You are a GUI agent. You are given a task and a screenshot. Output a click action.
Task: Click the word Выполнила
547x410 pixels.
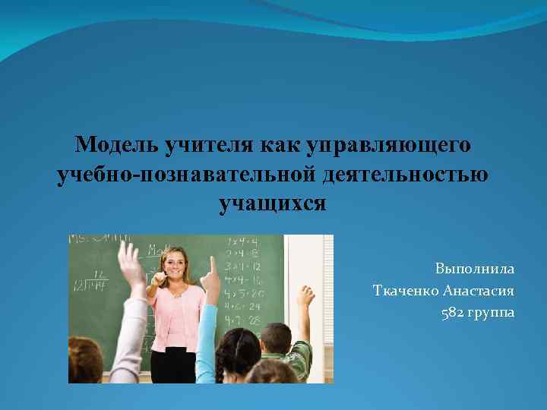pyautogui.click(x=475, y=269)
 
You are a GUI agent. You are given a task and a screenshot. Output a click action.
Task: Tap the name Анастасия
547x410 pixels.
pyautogui.click(x=479, y=291)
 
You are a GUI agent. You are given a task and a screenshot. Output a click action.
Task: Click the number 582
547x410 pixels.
pyautogui.click(x=454, y=313)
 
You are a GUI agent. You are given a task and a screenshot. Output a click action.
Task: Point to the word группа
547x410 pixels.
pyautogui.click(x=492, y=313)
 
